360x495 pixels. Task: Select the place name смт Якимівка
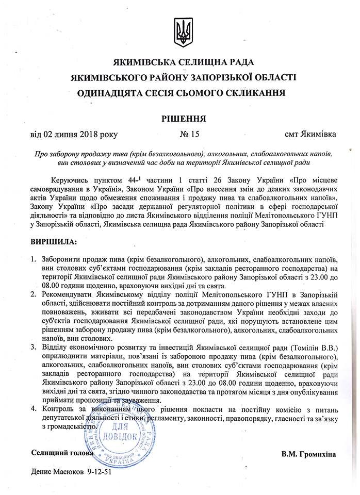(x=311, y=135)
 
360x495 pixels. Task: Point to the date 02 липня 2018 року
(x=74, y=135)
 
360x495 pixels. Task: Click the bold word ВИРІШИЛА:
(x=54, y=241)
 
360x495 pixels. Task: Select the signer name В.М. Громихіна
(x=308, y=454)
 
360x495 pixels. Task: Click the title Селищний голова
(x=62, y=453)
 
